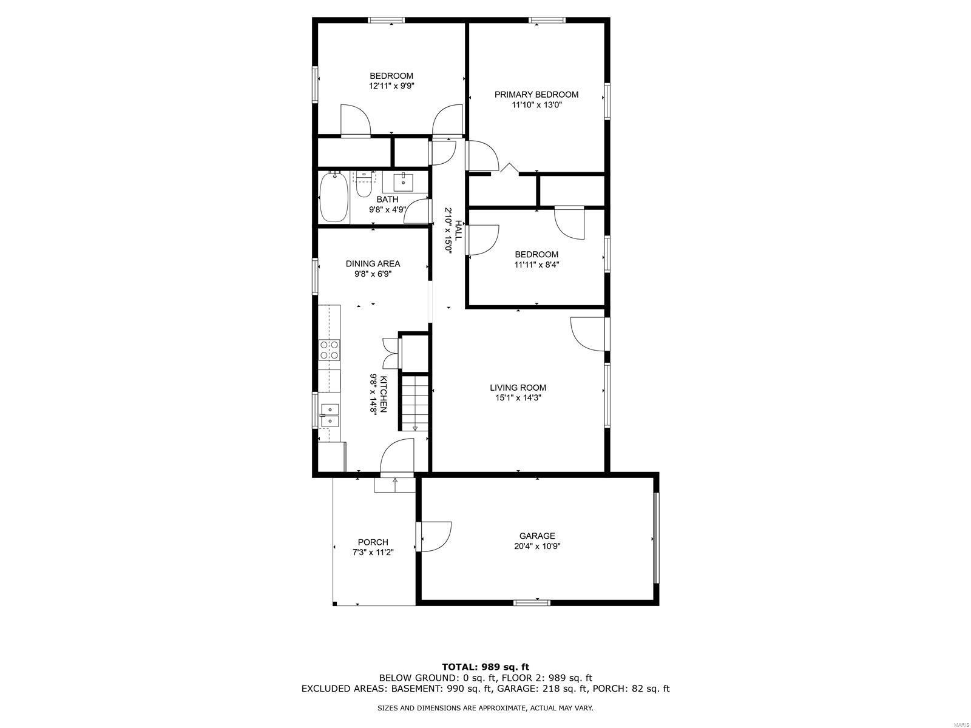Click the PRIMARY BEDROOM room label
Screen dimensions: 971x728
pyautogui.click(x=536, y=94)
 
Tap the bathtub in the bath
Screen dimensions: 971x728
pyautogui.click(x=334, y=197)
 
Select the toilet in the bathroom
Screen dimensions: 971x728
pyautogui.click(x=364, y=184)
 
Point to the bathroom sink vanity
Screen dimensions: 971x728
pyautogui.click(x=403, y=182)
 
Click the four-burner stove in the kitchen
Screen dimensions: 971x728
pyautogui.click(x=329, y=349)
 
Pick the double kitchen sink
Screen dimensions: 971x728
pyautogui.click(x=329, y=416)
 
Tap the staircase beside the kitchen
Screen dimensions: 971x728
pyautogui.click(x=414, y=403)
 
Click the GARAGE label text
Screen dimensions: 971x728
pyautogui.click(x=536, y=536)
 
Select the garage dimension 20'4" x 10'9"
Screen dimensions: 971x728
pyautogui.click(x=536, y=546)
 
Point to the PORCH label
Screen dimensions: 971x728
pyautogui.click(x=373, y=542)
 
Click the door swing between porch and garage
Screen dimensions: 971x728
pyautogui.click(x=436, y=537)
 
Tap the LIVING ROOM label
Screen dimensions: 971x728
pyautogui.click(x=518, y=388)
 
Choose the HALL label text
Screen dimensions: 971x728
pyautogui.click(x=458, y=230)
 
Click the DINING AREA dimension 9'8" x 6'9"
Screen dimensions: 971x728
pyautogui.click(x=373, y=274)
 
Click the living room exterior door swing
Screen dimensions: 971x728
pyautogui.click(x=587, y=334)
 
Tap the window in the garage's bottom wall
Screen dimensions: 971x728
pyautogui.click(x=532, y=602)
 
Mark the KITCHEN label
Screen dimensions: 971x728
pyautogui.click(x=384, y=394)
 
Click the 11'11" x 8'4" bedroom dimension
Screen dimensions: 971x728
pyautogui.click(x=536, y=265)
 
